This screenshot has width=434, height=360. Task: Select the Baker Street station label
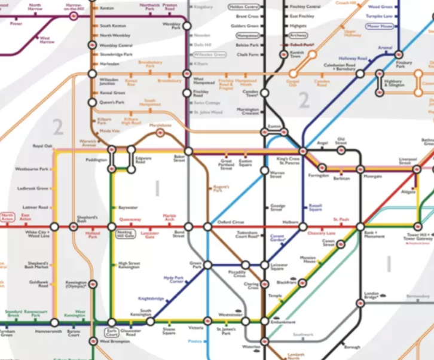tap(179, 158)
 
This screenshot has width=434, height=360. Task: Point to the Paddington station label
tap(95, 160)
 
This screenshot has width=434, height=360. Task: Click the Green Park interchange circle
tap(207, 265)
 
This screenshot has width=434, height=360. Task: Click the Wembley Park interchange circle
tap(187, 26)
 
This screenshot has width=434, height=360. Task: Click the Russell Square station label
tap(315, 209)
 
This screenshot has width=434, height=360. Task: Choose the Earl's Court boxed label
tap(111, 332)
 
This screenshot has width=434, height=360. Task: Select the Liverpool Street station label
tap(406, 161)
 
